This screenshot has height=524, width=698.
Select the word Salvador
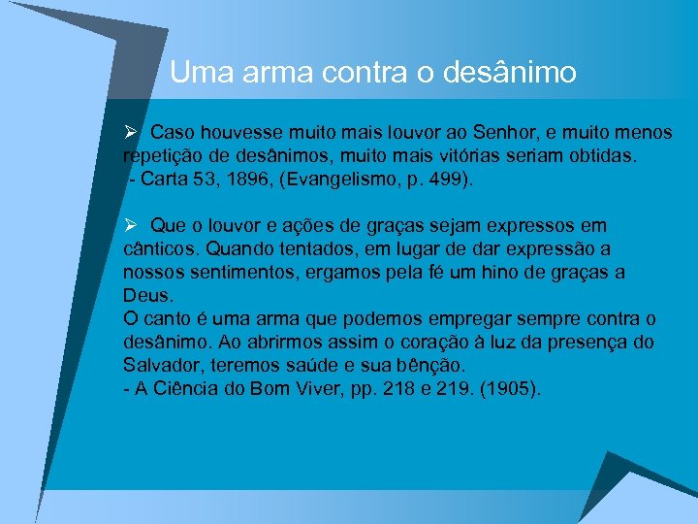pyautogui.click(x=161, y=366)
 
